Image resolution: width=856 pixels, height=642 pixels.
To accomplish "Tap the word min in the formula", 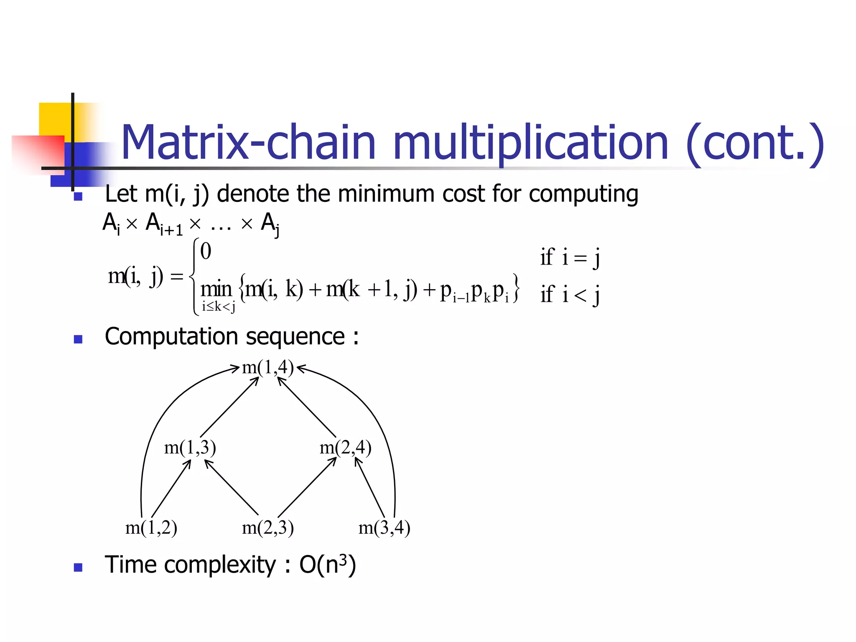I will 216,290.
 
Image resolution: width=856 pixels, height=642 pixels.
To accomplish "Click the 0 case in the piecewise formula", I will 206,251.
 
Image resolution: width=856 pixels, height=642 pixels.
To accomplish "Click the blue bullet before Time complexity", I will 78,567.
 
